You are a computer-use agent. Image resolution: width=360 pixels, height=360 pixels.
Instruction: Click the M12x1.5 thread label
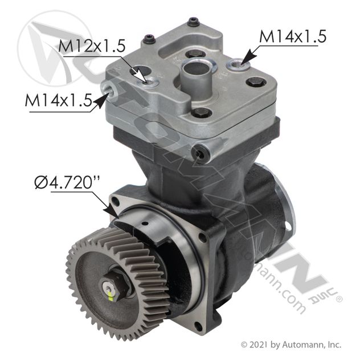(x=92, y=46)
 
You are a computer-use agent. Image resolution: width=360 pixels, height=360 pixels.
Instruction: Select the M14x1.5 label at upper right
(x=293, y=36)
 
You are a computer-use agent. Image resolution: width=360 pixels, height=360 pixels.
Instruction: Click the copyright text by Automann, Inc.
(x=291, y=345)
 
